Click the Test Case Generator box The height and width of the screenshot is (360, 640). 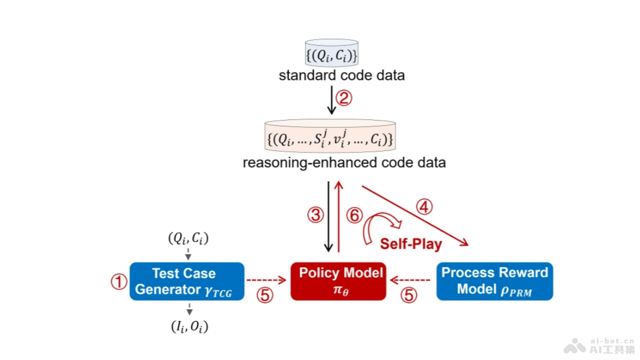pos(187,281)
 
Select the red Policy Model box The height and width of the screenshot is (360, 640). pos(338,281)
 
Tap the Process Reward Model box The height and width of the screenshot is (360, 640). pos(494,281)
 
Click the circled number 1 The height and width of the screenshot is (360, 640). pos(118,282)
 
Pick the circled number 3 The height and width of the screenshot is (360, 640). pos(315,215)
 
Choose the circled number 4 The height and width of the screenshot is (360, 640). pos(424,207)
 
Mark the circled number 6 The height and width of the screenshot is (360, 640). pos(354,215)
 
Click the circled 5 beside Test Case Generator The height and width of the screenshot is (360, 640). pos(265,295)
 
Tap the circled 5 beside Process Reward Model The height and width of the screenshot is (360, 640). pos(409,295)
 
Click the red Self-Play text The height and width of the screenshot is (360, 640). pos(411,244)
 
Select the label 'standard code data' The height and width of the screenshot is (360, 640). pos(341,76)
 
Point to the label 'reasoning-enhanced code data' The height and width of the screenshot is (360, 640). pos(344,163)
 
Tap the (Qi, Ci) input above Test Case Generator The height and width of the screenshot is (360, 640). pos(188,239)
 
